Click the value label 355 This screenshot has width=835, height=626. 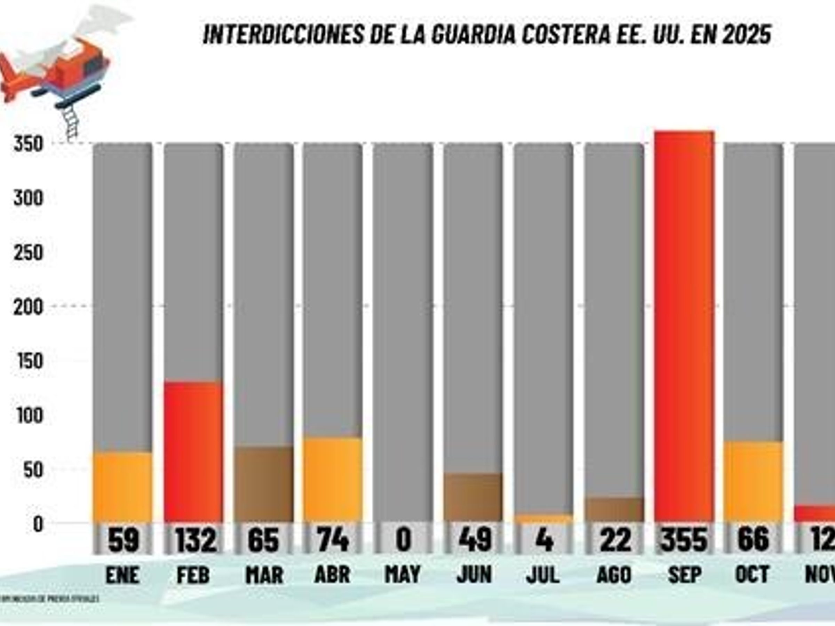click(x=683, y=540)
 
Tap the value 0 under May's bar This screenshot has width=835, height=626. click(x=403, y=540)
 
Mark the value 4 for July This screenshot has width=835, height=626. click(x=543, y=540)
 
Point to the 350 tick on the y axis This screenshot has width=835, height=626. click(x=28, y=144)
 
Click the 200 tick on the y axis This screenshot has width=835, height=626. click(x=28, y=306)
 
